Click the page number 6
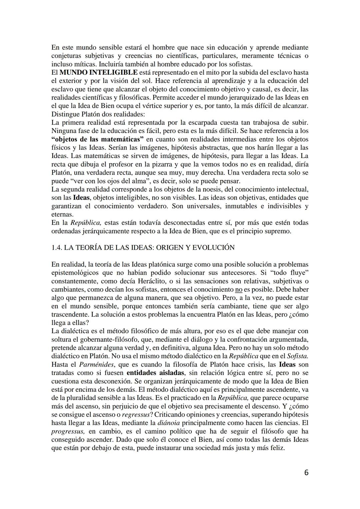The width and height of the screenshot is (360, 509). (x=306, y=472)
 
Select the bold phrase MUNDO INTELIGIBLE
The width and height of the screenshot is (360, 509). (x=98, y=72)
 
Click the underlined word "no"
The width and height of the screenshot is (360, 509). (x=238, y=289)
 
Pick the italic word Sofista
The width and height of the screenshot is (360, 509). (x=297, y=356)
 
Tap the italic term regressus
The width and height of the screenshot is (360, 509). (x=135, y=414)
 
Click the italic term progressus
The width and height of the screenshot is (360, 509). (x=67, y=431)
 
